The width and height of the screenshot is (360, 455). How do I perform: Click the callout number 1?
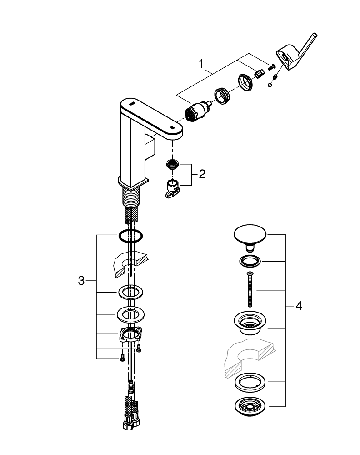pyautogui.click(x=200, y=64)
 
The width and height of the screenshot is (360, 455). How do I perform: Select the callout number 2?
pyautogui.click(x=202, y=174)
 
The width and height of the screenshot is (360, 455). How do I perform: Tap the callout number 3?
pyautogui.click(x=81, y=281)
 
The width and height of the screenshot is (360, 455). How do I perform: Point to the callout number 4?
pyautogui.click(x=299, y=306)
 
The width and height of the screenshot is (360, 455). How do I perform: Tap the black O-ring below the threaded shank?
pyautogui.click(x=130, y=236)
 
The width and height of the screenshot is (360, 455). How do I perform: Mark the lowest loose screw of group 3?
pyautogui.click(x=121, y=359)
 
